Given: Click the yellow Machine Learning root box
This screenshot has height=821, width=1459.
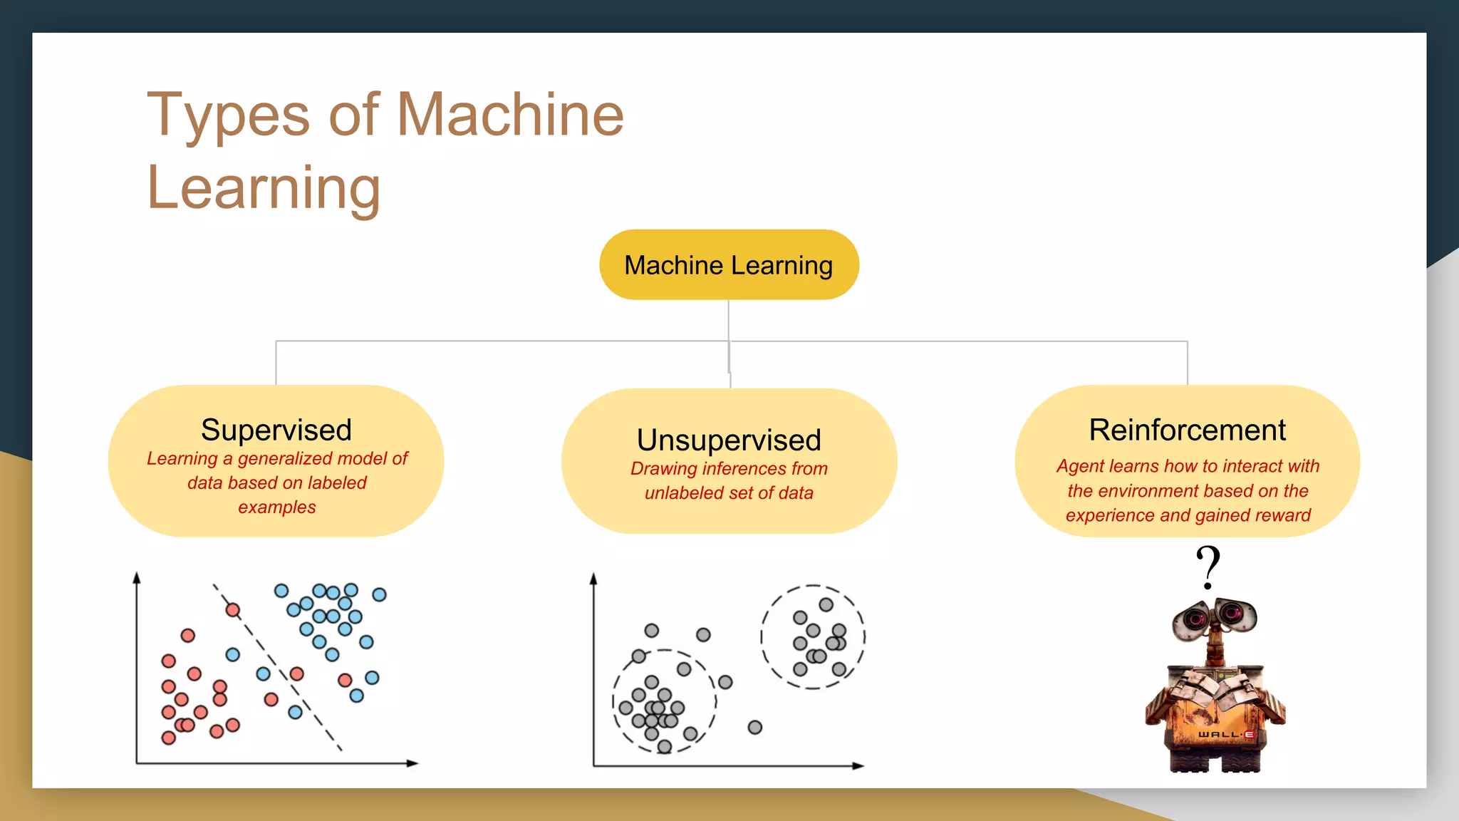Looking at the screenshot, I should pos(729,264).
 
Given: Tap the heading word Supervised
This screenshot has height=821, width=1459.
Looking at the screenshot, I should pos(276,430).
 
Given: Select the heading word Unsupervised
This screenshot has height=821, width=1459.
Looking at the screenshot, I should pos(729,440).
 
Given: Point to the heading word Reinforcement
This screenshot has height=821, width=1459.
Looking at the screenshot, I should pos(1188,430).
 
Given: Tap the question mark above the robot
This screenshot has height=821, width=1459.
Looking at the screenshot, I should pos(1208,567).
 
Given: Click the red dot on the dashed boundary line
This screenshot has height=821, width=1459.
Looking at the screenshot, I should pos(233,610).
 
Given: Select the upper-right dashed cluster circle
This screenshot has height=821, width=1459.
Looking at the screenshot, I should pos(813,636).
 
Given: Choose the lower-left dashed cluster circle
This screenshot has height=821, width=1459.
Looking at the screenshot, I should pos(664,701).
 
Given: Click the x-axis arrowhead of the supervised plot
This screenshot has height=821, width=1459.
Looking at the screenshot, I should pos(412,763).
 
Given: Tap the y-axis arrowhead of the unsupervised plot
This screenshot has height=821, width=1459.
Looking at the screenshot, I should pos(593,579).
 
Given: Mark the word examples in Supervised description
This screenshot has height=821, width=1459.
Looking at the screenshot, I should pos(276,507).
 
